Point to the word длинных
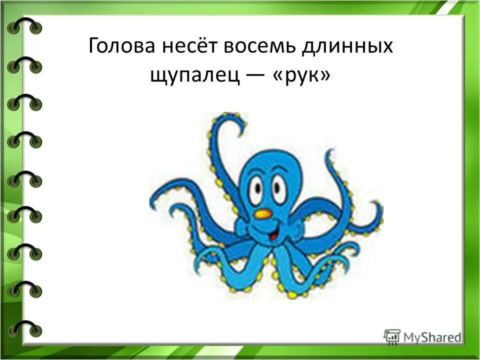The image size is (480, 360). coord(350,48)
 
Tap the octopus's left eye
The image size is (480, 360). coord(256,189)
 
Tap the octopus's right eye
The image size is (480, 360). coord(279,189)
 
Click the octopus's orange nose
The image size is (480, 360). coord(263,213)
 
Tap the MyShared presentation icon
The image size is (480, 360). coord(392,336)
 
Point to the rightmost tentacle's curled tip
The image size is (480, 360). coord(376,210)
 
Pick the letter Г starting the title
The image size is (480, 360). coord(93,48)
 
